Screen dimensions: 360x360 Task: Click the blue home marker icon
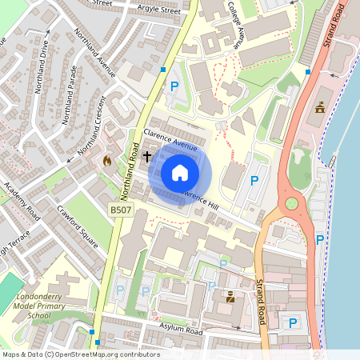(180, 173)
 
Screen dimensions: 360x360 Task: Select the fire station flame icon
(107, 160)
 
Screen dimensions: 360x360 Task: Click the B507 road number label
(119, 210)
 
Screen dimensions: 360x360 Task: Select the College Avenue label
(237, 25)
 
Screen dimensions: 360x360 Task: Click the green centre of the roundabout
(291, 203)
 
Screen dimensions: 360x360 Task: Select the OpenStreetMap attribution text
(81, 354)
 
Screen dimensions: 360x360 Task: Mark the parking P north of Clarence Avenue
(173, 86)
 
